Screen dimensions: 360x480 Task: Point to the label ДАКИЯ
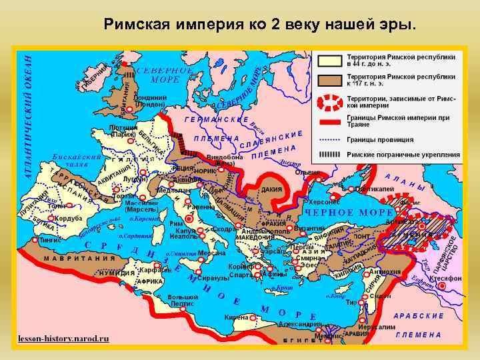pos(270,189)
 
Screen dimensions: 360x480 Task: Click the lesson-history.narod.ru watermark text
pos(64,339)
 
